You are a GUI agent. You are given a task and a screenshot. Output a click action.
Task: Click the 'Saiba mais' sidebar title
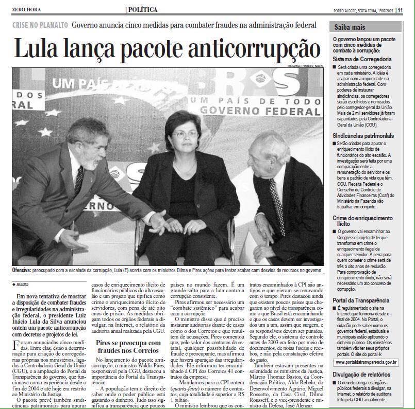pos(351,27)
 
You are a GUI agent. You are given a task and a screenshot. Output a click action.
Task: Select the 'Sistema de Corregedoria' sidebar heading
pos(362,59)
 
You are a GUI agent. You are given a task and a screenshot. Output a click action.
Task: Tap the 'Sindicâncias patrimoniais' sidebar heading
pos(363,135)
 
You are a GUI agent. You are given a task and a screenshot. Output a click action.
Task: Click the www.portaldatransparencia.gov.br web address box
pos(367,363)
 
